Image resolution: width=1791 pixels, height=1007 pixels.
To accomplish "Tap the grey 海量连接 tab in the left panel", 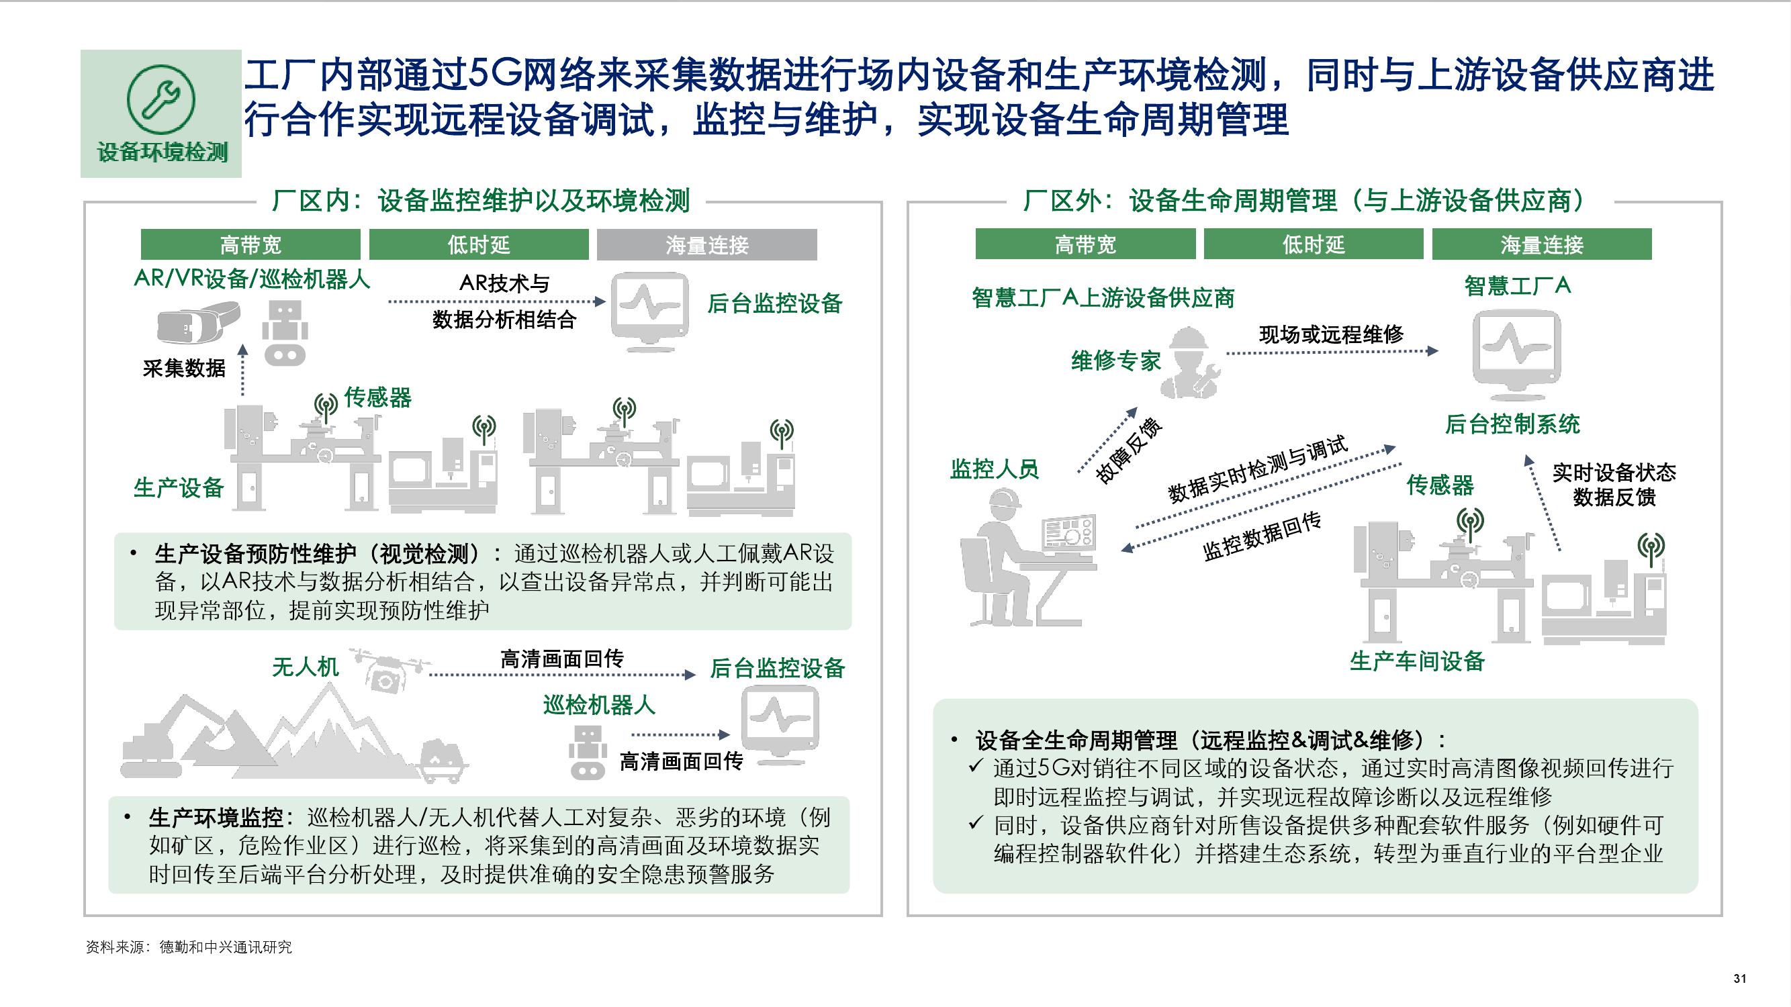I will pyautogui.click(x=706, y=244).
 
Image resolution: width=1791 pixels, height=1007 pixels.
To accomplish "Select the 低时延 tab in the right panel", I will pyautogui.click(x=1313, y=244).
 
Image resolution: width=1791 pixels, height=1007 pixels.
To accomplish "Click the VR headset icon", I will pyautogui.click(x=197, y=323).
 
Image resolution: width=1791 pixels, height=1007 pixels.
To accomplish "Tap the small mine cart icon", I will pyautogui.click(x=444, y=759).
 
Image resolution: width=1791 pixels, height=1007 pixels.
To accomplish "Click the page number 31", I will pyautogui.click(x=1739, y=979).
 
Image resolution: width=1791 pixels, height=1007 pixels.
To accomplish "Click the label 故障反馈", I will pyautogui.click(x=1128, y=451).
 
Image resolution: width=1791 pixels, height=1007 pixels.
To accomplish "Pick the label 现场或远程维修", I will pyautogui.click(x=1331, y=334).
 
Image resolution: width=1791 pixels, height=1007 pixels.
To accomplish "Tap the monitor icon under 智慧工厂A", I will pyautogui.click(x=1516, y=354).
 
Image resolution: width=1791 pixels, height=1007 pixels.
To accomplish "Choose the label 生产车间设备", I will pyautogui.click(x=1417, y=661).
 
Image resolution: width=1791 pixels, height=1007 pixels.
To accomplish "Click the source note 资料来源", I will pyautogui.click(x=189, y=947).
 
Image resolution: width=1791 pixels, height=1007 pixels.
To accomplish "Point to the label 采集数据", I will pyautogui.click(x=183, y=368).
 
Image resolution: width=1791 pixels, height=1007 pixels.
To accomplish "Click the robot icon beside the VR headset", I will pyautogui.click(x=285, y=333).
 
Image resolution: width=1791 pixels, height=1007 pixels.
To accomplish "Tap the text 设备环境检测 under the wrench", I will pyautogui.click(x=162, y=152).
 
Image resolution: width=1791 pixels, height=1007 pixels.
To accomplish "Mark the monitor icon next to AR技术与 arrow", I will pyautogui.click(x=649, y=312).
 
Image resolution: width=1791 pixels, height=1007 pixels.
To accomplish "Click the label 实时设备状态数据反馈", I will pyautogui.click(x=1614, y=485).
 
